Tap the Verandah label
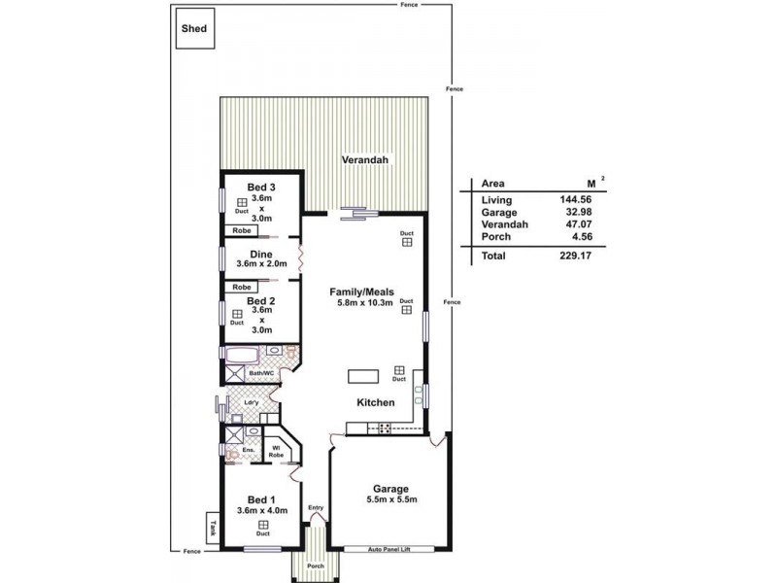365,159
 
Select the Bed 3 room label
261,187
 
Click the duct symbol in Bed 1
263,525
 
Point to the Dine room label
261,255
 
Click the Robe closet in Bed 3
242,230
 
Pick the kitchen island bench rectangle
363,376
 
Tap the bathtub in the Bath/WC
242,355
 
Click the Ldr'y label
252,402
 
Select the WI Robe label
276,452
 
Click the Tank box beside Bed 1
213,528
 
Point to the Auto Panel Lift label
389,549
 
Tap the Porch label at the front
315,566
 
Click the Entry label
316,507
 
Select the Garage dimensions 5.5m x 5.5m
391,499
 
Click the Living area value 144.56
576,200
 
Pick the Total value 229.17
576,256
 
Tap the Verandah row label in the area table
504,224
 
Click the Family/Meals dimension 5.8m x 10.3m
361,303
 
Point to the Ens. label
248,450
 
